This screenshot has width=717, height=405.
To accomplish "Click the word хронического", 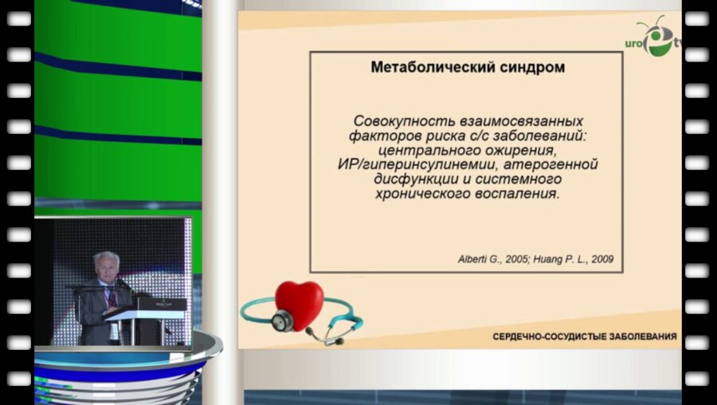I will (x=425, y=194).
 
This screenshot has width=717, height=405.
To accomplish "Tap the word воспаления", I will (x=519, y=194).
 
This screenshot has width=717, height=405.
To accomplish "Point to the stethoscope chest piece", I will (x=282, y=320).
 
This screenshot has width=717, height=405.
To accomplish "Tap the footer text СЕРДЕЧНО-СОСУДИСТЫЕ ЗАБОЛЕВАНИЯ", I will (x=584, y=336).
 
